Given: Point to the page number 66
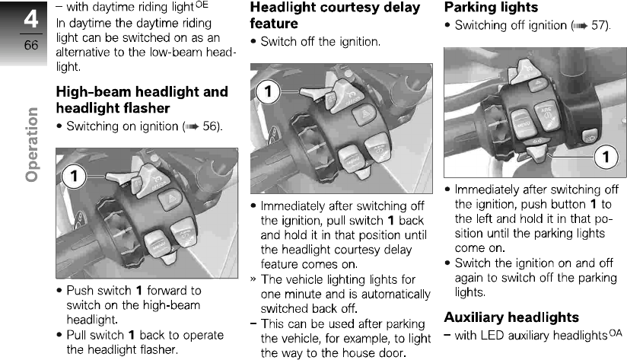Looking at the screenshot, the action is point(31,46).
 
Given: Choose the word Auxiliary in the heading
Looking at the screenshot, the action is point(481,317).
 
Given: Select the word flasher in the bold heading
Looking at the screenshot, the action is point(144,108).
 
